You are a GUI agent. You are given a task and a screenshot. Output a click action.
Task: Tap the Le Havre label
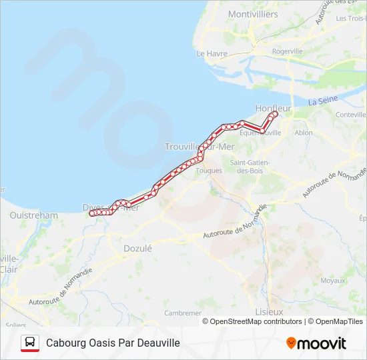(212, 53)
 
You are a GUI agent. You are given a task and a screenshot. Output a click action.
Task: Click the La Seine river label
(323, 101)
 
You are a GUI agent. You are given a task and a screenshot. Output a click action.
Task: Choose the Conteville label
(351, 115)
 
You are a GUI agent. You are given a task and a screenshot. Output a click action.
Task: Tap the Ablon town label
(303, 133)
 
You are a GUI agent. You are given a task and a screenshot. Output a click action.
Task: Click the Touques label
(208, 171)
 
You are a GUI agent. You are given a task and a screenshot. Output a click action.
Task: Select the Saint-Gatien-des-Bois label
(249, 167)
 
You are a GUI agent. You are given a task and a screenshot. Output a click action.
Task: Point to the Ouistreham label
(34, 215)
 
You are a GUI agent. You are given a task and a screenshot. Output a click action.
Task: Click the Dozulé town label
(138, 248)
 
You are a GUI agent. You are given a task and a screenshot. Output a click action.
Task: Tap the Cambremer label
(183, 313)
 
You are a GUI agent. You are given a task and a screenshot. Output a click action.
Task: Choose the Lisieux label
(269, 312)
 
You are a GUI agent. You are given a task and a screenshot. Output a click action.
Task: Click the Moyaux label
(333, 281)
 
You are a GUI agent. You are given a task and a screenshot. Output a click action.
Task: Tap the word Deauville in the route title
(150, 343)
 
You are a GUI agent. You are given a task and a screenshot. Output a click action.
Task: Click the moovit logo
(316, 343)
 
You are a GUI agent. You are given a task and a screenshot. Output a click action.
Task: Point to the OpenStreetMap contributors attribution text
(256, 321)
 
